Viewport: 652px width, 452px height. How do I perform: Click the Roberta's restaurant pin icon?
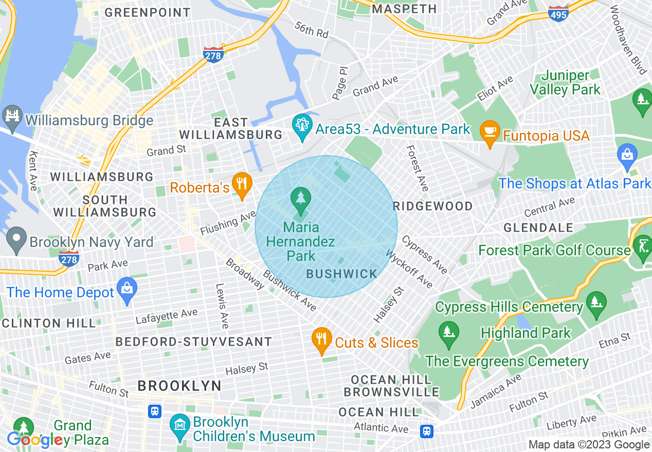pyautogui.click(x=241, y=183)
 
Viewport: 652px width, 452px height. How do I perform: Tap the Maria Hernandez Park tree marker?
pyautogui.click(x=300, y=198)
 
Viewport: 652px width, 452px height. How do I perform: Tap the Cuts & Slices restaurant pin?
pyautogui.click(x=321, y=339)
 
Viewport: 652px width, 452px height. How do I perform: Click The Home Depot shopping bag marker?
pyautogui.click(x=126, y=289)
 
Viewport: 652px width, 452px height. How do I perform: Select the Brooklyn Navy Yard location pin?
pyautogui.click(x=16, y=238)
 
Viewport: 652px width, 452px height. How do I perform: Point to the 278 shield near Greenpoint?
pyautogui.click(x=213, y=55)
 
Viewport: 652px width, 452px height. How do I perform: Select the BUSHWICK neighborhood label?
pyautogui.click(x=341, y=274)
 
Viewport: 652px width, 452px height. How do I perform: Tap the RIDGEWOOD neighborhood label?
pyautogui.click(x=432, y=206)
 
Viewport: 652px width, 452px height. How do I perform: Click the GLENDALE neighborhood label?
pyautogui.click(x=538, y=228)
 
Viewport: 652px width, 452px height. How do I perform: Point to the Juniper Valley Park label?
pyautogui.click(x=566, y=83)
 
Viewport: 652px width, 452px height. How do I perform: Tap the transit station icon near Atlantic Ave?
pyautogui.click(x=426, y=431)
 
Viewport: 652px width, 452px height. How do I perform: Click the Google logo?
pyautogui.click(x=35, y=440)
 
